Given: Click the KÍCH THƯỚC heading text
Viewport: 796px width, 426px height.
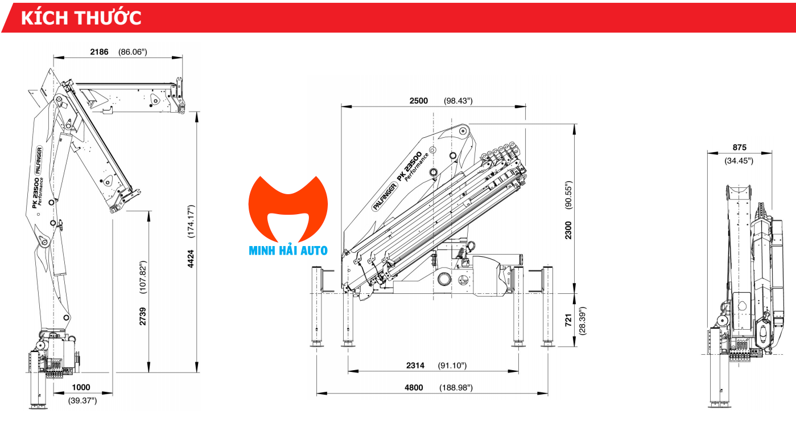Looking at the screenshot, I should click(81, 18).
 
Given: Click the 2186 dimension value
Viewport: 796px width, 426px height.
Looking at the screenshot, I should click(99, 52).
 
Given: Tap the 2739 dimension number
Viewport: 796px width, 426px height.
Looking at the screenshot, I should click(143, 316).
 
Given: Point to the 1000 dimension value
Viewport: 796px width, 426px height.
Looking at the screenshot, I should click(81, 387).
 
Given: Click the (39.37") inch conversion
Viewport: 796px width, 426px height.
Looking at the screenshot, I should click(83, 400).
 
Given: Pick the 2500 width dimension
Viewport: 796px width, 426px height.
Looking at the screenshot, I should click(418, 101).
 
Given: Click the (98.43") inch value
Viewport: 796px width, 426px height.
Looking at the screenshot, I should click(458, 101).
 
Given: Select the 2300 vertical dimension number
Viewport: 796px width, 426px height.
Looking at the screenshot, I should click(568, 230).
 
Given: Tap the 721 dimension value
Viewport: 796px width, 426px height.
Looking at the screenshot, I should click(568, 319).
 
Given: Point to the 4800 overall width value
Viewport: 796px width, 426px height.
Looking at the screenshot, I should click(414, 388).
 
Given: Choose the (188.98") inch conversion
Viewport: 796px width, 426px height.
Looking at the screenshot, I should click(456, 388).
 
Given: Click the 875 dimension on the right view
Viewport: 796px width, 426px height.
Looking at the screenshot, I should click(739, 147).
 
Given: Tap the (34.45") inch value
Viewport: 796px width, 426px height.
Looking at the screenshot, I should click(739, 161).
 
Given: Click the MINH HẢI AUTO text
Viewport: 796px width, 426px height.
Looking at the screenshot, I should click(288, 250).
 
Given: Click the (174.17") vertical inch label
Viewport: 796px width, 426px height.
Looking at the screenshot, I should click(191, 221).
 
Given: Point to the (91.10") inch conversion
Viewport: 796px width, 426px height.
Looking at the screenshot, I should click(452, 366).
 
